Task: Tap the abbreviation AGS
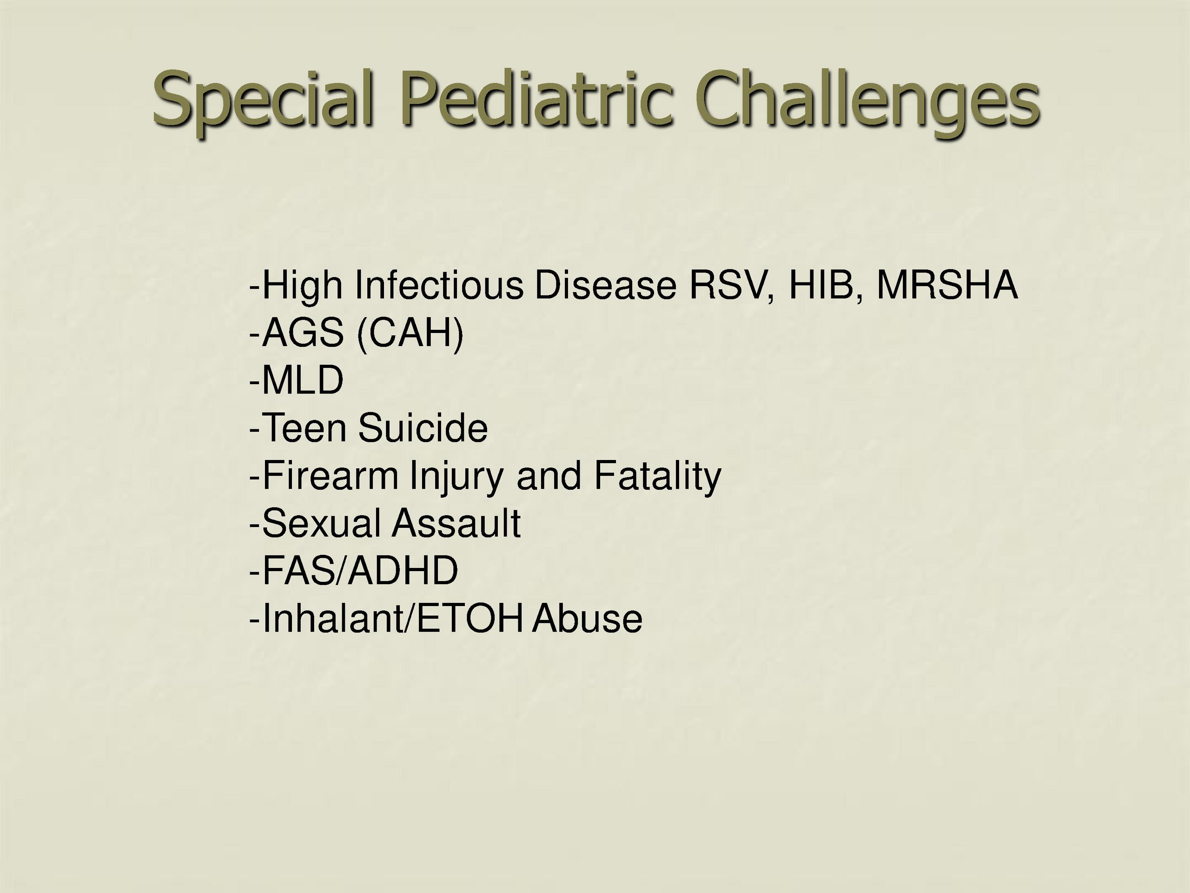point(303,332)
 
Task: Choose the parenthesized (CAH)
point(410,334)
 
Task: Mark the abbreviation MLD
point(303,380)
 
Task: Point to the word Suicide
point(423,427)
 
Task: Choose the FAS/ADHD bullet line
point(353,570)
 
